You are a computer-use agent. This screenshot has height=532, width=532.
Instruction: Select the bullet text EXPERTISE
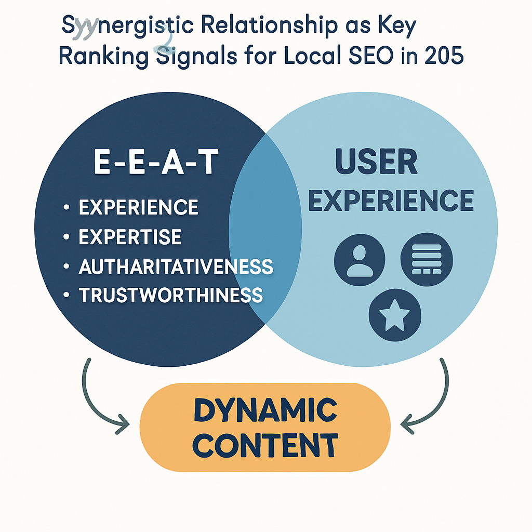click(130, 237)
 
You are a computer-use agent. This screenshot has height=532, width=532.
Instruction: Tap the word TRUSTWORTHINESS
click(170, 295)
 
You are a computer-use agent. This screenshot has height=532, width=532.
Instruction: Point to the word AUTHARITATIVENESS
click(176, 266)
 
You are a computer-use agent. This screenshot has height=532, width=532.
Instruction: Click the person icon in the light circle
click(360, 258)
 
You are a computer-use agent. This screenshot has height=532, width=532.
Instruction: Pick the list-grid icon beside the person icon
click(427, 258)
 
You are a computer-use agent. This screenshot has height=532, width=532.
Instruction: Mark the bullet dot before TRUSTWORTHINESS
click(66, 295)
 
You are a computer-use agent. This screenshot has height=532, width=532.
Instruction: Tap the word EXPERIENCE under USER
click(391, 200)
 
